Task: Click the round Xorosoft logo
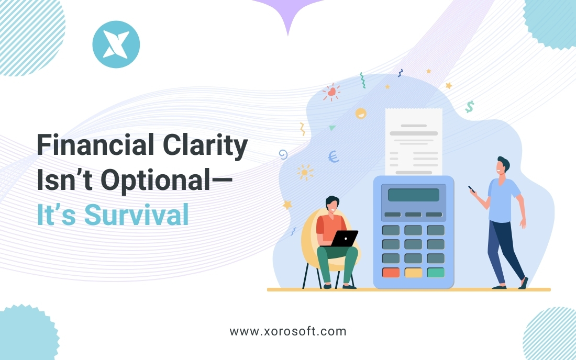tap(116, 44)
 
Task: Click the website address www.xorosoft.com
tap(288, 331)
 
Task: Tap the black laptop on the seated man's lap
tap(345, 239)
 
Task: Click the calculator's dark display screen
tap(413, 195)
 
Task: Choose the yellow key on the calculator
tap(413, 273)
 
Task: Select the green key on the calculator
tap(435, 273)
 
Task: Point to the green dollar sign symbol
tap(470, 107)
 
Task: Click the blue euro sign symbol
tap(333, 156)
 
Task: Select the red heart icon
tap(331, 92)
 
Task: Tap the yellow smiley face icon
tap(361, 113)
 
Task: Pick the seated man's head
tap(332, 205)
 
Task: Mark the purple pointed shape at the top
tap(287, 16)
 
